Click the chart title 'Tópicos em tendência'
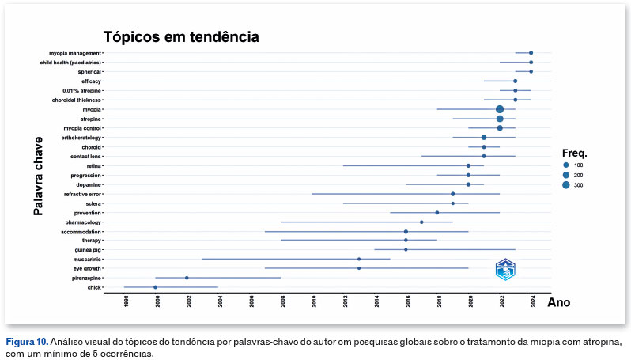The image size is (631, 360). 182,37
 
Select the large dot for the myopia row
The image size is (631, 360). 500,109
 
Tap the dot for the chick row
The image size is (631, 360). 155,287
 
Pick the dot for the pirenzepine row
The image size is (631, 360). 187,278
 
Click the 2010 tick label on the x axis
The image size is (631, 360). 315,301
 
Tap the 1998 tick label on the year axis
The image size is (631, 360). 127,301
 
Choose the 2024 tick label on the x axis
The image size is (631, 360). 534,301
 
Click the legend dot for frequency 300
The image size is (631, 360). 566,184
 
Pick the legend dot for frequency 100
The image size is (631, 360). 566,164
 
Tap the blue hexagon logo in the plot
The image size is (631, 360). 505,269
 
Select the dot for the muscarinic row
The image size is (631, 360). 359,259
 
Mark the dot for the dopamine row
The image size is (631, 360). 468,184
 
